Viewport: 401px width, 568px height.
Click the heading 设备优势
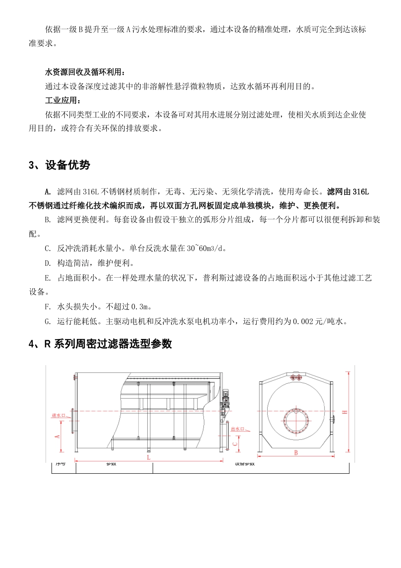68,165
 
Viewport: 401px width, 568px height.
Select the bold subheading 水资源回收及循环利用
84,72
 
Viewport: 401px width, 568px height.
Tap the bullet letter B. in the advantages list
48,220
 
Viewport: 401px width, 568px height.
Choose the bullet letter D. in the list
48,263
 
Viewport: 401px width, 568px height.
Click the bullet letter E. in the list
48,278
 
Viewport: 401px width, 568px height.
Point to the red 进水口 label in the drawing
59,415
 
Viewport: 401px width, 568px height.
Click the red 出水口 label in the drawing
238,429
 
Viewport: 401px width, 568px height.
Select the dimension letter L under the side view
149,457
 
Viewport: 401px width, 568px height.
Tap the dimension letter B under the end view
296,453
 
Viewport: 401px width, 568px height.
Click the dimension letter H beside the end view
345,412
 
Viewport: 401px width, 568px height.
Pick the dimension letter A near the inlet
57,436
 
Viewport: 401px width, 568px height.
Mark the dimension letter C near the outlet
235,444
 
